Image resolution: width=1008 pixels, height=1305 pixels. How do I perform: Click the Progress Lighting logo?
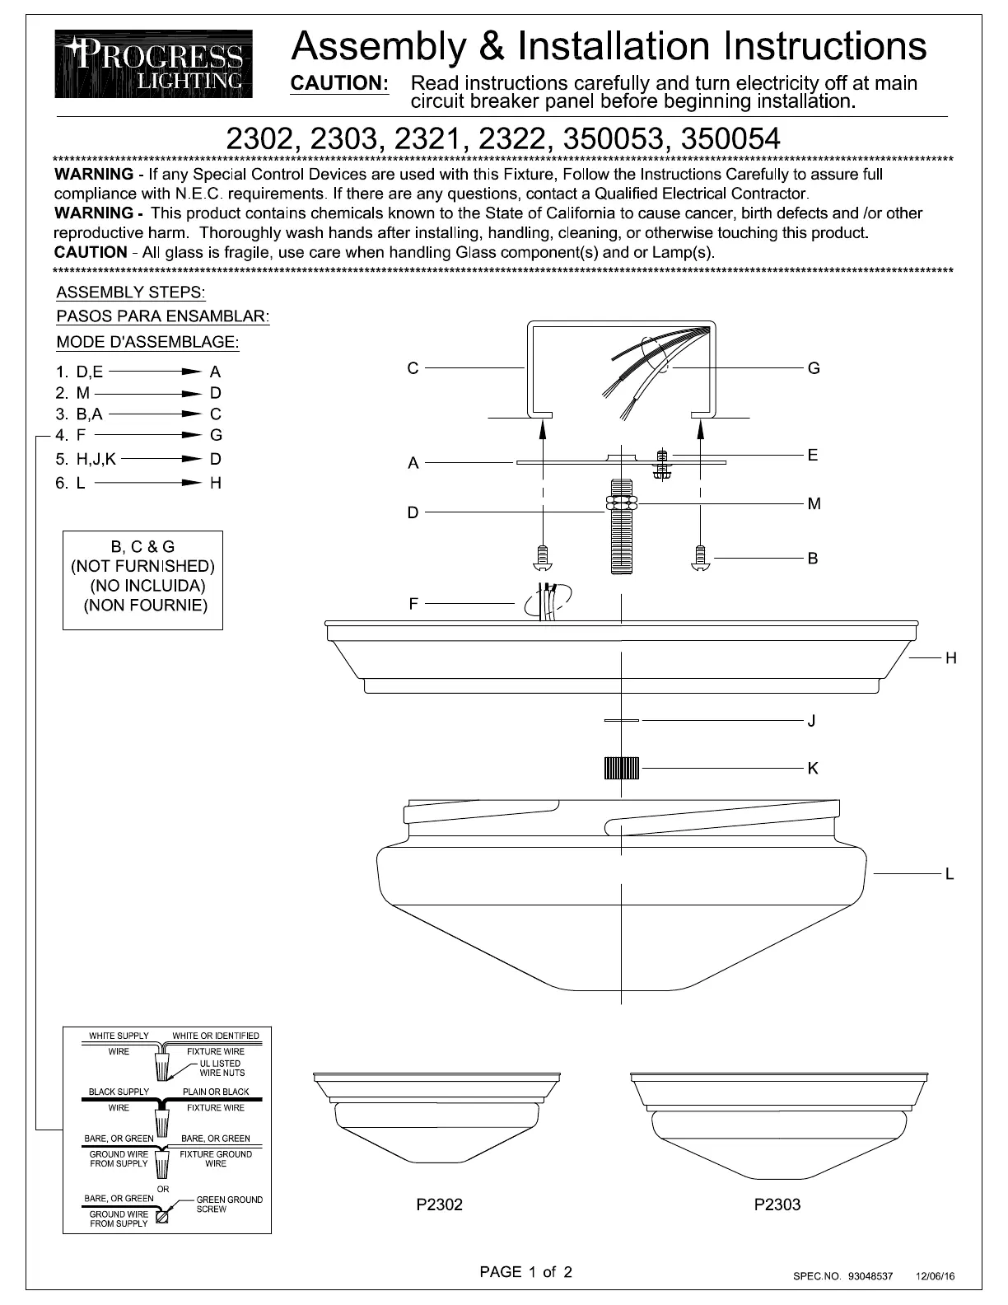pyautogui.click(x=154, y=63)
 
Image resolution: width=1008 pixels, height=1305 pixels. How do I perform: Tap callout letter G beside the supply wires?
pyautogui.click(x=814, y=368)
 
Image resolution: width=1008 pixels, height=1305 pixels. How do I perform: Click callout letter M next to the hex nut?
pyautogui.click(x=814, y=503)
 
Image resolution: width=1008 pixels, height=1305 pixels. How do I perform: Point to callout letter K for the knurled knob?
pyautogui.click(x=813, y=768)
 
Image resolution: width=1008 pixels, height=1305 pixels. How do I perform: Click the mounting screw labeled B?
pyautogui.click(x=700, y=558)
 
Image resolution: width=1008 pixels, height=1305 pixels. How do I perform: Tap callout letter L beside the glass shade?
pyautogui.click(x=950, y=873)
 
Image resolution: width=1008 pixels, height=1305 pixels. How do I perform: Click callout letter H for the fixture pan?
pyautogui.click(x=950, y=658)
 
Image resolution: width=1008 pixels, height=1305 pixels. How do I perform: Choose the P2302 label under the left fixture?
pyautogui.click(x=439, y=1204)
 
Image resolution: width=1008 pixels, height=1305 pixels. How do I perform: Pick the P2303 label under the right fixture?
pyautogui.click(x=777, y=1204)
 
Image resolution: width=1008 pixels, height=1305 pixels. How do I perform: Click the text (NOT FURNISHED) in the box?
pyautogui.click(x=142, y=566)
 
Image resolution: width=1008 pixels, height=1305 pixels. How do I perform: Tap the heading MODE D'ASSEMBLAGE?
pyautogui.click(x=147, y=342)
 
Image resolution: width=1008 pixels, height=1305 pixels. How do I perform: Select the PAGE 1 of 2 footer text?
pyautogui.click(x=525, y=1271)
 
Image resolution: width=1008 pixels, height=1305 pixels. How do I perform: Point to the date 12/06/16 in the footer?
pyautogui.click(x=936, y=1276)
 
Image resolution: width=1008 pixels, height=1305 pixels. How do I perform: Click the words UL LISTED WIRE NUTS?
pyautogui.click(x=222, y=1068)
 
